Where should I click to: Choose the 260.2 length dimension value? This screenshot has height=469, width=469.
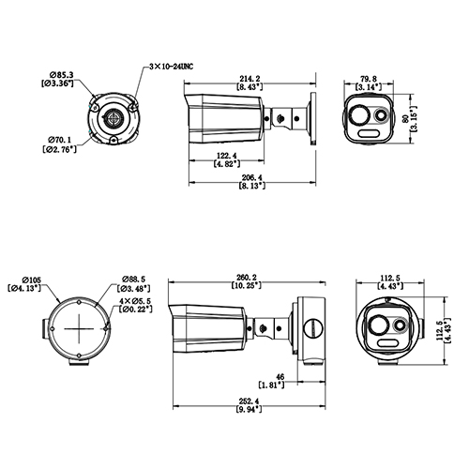[248, 277]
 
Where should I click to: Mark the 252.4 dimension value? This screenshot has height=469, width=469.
[247, 401]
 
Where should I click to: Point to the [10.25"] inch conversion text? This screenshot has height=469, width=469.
[248, 286]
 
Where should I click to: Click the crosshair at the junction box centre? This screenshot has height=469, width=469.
[78, 329]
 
